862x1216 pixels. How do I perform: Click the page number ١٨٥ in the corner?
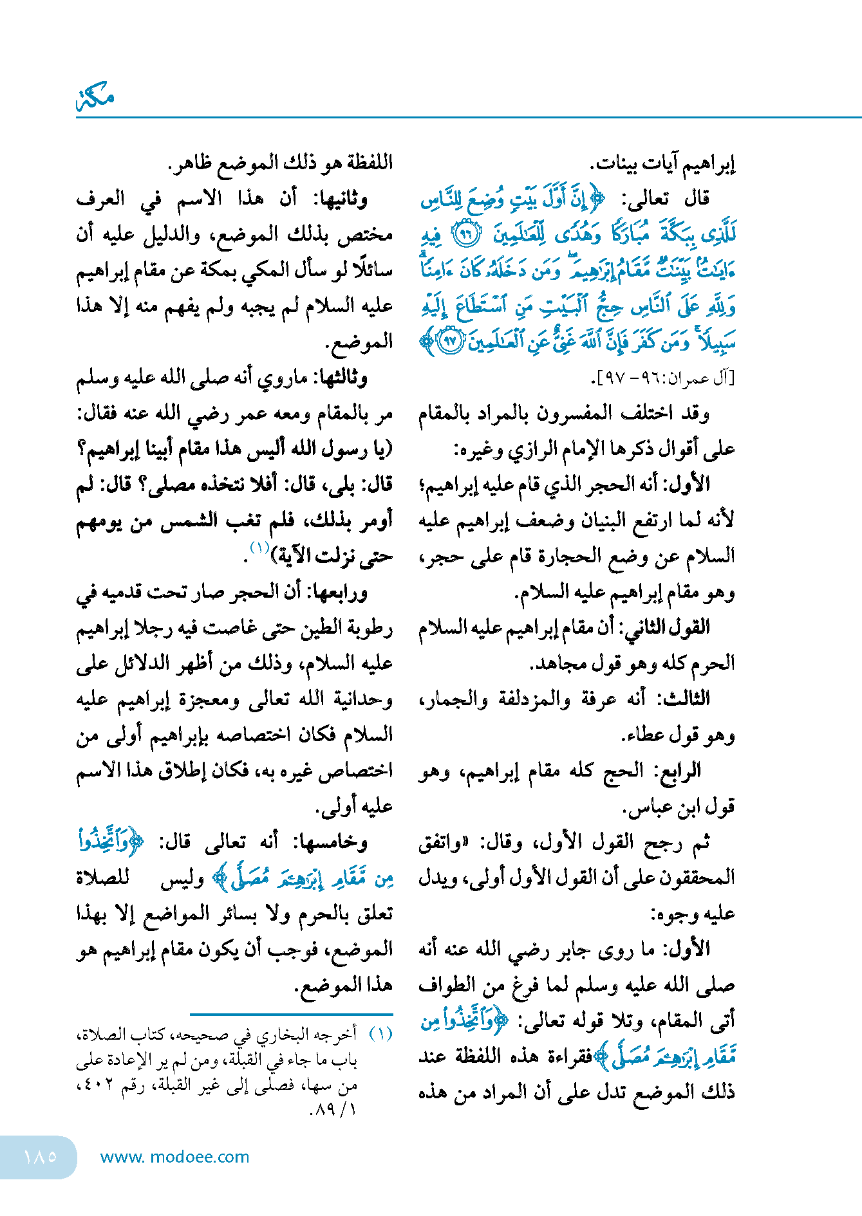(40, 1156)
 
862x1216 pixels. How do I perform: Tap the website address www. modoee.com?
(174, 1157)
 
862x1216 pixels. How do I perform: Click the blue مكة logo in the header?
(95, 98)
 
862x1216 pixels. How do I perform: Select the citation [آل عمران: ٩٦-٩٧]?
(662, 379)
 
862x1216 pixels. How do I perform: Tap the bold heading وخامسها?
(330, 842)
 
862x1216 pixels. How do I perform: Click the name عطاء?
(643, 734)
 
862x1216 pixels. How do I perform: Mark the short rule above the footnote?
(291, 1014)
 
